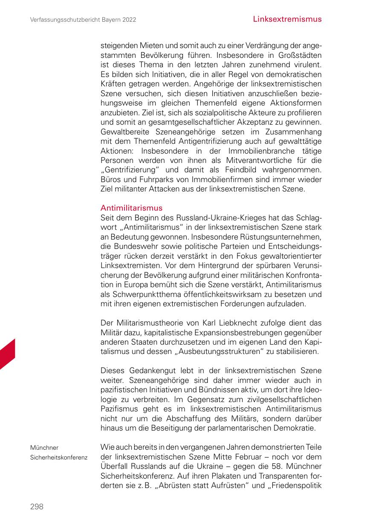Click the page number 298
(37, 506)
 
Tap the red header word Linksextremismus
(287, 19)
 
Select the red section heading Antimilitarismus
(131, 208)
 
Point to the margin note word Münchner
(44, 448)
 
